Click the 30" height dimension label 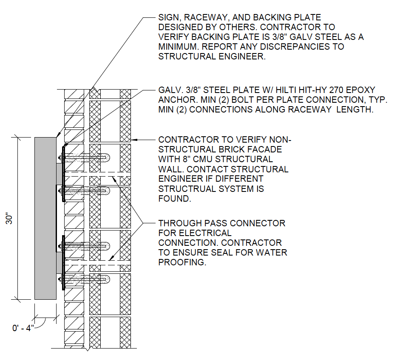9,219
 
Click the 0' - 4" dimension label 23,328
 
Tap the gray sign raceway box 45,219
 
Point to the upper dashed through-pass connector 98,174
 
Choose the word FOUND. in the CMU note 175,199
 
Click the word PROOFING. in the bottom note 182,262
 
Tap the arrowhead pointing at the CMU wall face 134,140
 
